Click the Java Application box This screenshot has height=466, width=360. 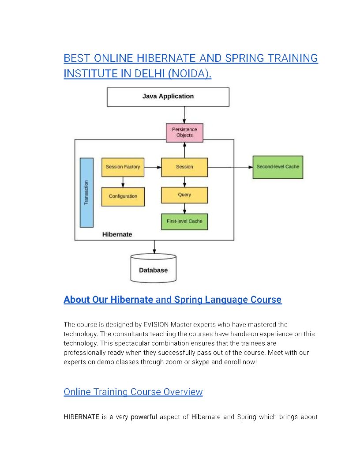pos(168,97)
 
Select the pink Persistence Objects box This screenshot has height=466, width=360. pos(184,132)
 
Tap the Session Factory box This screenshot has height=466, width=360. pos(123,167)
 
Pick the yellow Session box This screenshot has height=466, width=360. pos(184,167)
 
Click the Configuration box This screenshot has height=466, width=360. pos(123,196)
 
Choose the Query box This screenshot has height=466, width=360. pos(184,195)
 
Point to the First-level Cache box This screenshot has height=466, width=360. pos(184,221)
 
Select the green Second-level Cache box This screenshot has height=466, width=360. pos(277,167)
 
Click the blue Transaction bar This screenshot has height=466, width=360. pos(86,192)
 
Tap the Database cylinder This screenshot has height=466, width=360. pos(154,269)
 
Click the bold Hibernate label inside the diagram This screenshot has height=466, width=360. pos(117,234)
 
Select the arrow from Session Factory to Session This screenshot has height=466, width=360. pos(153,167)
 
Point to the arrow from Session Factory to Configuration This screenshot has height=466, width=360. pos(123,182)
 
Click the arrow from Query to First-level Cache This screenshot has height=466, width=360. pos(184,208)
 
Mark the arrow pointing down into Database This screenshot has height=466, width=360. pos(154,247)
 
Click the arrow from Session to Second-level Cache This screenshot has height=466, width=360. pos(230,167)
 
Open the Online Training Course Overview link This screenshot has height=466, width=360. pos(133,392)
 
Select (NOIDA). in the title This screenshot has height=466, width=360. pos(189,74)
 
